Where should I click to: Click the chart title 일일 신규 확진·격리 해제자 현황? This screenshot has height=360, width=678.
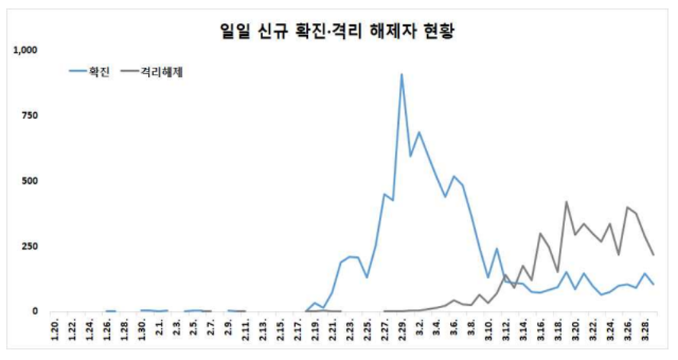tap(338, 32)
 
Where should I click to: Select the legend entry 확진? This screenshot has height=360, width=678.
tap(100, 72)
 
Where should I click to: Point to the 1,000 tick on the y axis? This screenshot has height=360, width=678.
tap(25, 50)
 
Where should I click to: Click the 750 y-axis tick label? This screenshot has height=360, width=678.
tap(30, 116)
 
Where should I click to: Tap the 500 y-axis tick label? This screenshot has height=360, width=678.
tap(30, 182)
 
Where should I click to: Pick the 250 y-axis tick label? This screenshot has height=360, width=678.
tap(30, 246)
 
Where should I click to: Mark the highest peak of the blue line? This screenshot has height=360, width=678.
tap(402, 74)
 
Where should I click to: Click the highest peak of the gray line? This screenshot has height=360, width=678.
tap(567, 201)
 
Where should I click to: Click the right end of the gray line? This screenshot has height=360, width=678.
tap(653, 254)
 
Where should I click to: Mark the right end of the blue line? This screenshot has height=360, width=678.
tap(653, 284)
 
